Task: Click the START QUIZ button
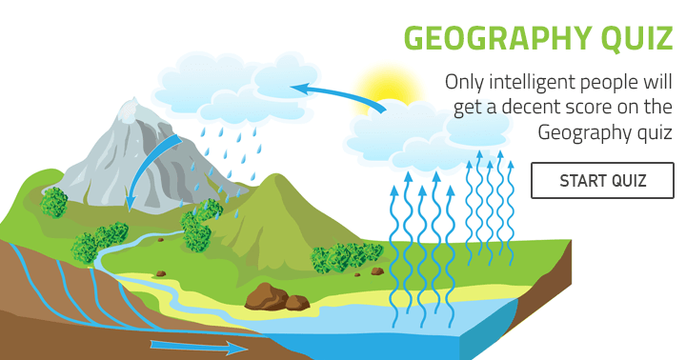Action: pyautogui.click(x=602, y=180)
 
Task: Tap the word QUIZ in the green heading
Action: pyautogui.click(x=636, y=39)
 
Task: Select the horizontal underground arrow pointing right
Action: pyautogui.click(x=195, y=346)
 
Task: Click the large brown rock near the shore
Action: pyautogui.click(x=272, y=299)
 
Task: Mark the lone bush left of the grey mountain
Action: pyautogui.click(x=55, y=202)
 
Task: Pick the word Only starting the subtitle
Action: pyautogui.click(x=466, y=83)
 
